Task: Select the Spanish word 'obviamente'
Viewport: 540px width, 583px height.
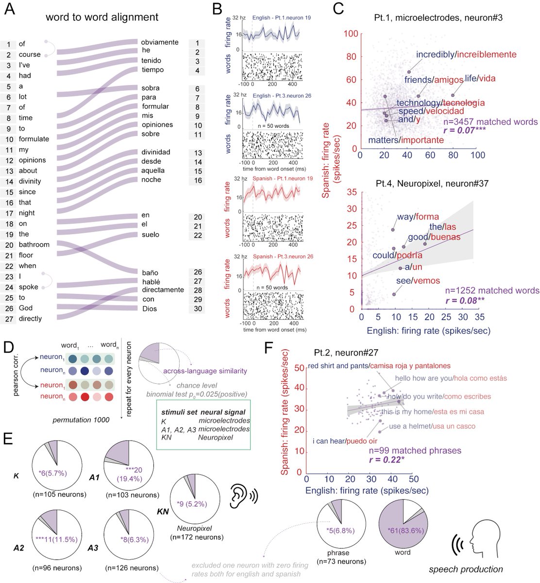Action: click(160, 42)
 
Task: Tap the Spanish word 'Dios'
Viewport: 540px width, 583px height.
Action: click(150, 309)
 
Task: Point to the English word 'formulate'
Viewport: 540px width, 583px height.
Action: click(34, 139)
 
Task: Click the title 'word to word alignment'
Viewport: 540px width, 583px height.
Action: click(101, 17)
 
